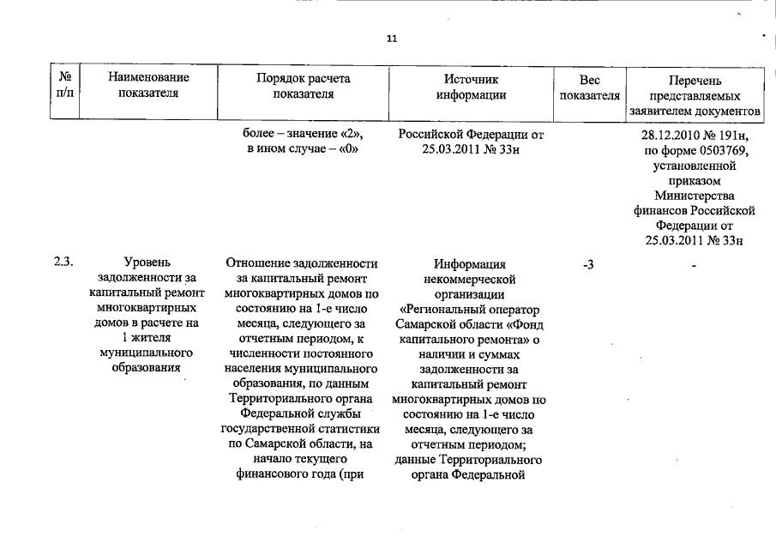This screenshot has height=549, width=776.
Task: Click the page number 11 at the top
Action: pyautogui.click(x=393, y=39)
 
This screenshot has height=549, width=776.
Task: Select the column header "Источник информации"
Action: pyautogui.click(x=470, y=87)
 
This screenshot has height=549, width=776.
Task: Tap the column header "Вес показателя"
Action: pyautogui.click(x=589, y=87)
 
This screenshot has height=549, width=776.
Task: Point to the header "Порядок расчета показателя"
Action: pyautogui.click(x=302, y=87)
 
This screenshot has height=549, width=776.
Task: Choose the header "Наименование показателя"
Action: pyautogui.click(x=148, y=87)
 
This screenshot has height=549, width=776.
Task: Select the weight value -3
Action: pyautogui.click(x=588, y=265)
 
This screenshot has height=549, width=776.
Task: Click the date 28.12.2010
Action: pyautogui.click(x=676, y=136)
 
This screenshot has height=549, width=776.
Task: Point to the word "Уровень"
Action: pyautogui.click(x=147, y=263)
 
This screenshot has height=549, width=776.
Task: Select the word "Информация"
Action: pyautogui.click(x=470, y=263)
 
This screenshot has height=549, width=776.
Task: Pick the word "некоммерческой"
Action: pyautogui.click(x=470, y=279)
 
